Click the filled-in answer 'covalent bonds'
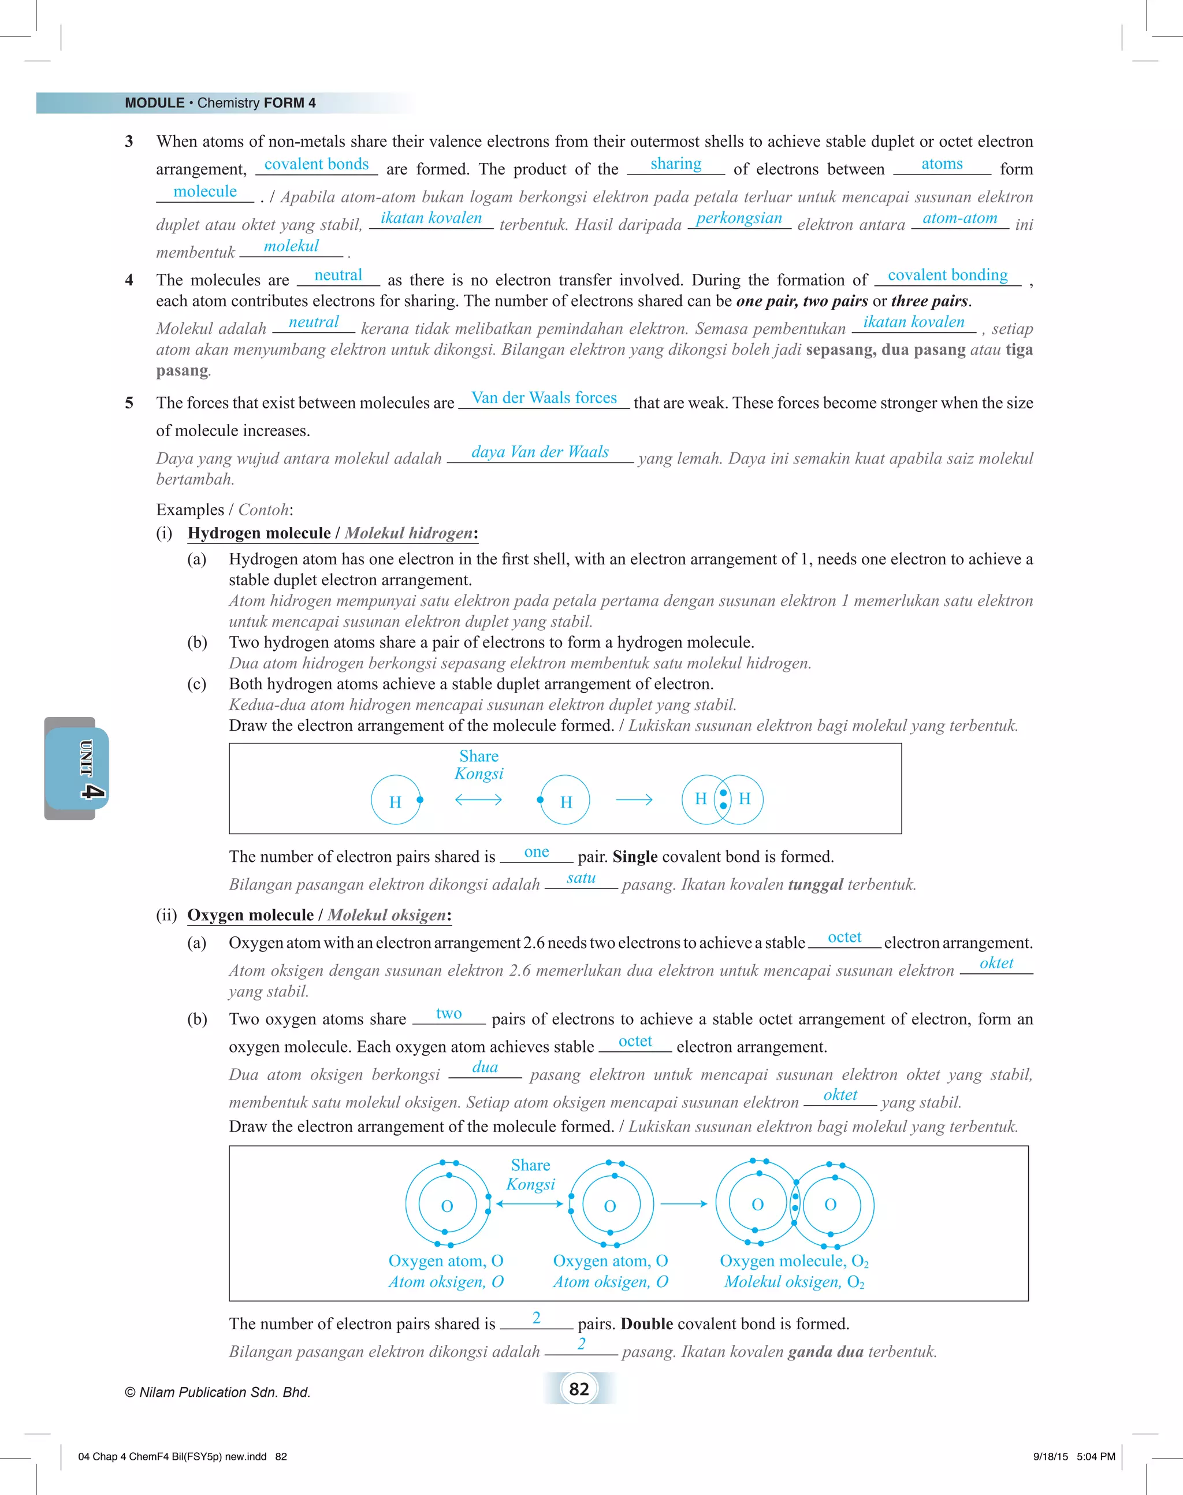click(317, 164)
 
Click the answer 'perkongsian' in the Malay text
click(738, 218)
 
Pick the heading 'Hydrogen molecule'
click(259, 533)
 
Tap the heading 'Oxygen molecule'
click(251, 914)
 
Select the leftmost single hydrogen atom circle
click(396, 800)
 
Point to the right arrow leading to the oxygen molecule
click(683, 1203)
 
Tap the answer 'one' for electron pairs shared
click(536, 852)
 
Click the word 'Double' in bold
click(646, 1323)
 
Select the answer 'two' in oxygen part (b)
click(449, 1014)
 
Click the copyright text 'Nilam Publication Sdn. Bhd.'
click(218, 1392)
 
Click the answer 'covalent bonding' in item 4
click(947, 275)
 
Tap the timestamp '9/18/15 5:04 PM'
click(1074, 1456)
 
